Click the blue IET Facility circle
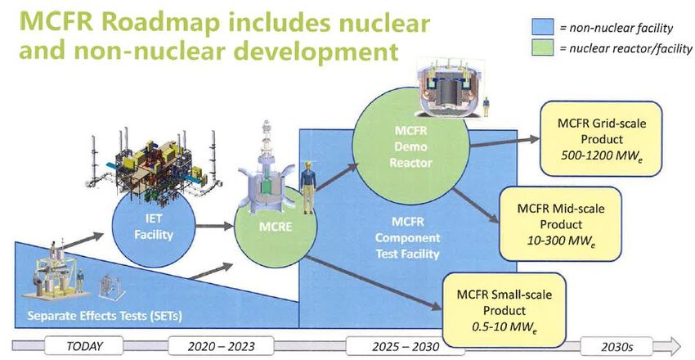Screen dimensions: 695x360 154,226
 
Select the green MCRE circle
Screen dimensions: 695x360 276,227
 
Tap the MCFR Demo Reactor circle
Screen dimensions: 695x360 411,146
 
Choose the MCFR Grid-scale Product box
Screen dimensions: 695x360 601,139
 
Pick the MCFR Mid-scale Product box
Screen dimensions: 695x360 560,224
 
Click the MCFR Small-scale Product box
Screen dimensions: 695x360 504,309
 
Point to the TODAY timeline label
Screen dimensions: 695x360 84,346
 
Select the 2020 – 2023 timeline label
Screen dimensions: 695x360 215,346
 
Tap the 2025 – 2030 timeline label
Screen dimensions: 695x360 406,346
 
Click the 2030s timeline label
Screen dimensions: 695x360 617,346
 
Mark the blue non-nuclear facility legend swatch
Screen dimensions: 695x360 543,27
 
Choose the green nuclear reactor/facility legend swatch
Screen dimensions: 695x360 543,47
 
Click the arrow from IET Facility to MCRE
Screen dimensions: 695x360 214,226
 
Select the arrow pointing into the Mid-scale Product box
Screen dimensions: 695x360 476,205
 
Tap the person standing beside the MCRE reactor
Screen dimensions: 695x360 308,187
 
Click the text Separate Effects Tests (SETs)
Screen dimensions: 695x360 105,316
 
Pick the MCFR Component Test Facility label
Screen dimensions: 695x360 407,237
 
